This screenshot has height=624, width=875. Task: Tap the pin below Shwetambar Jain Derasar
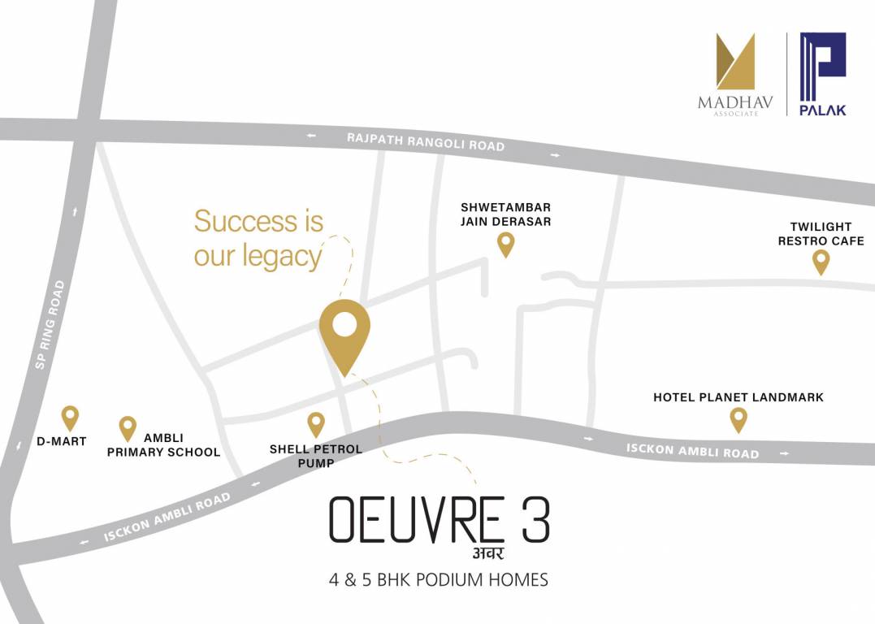coord(506,243)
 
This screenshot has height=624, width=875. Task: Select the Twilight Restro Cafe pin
coord(821,261)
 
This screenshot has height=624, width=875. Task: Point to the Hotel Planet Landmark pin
coord(738,419)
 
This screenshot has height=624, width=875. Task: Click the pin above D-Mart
coord(70,418)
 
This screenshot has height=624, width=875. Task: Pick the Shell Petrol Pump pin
coord(316,423)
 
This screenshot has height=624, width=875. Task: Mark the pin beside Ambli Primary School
coord(128,427)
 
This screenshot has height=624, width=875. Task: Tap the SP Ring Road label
coord(51,325)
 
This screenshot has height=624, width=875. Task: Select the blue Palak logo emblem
coord(823,64)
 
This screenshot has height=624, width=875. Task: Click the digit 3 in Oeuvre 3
coord(535,520)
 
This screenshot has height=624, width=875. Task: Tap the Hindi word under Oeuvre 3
coord(486,555)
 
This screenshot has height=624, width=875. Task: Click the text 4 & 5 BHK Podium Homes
coord(439,580)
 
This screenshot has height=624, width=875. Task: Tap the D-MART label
coord(63,442)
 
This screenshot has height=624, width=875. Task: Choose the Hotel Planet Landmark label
coord(739,397)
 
